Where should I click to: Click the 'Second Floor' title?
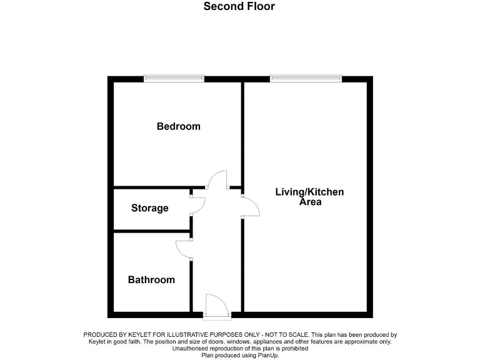pos(239,7)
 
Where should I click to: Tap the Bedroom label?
pos(178,126)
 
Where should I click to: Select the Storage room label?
pos(149,208)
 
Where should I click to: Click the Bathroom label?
pos(151,279)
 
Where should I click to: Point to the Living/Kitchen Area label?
pos(309,197)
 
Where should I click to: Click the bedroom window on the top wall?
pos(174,79)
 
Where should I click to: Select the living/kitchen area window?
pos(306,79)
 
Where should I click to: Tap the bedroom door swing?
pos(217,180)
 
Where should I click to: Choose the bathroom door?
pos(184,249)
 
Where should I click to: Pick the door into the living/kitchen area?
pos(250,207)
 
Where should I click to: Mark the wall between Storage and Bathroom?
pos(151,232)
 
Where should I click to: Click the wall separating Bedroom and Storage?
pos(151,187)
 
